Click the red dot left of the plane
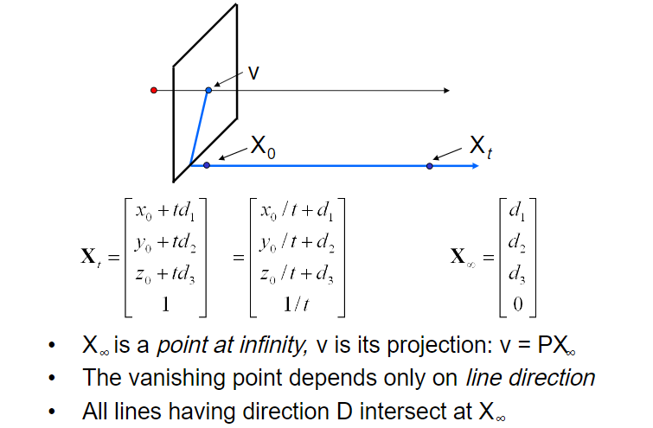tap(153, 90)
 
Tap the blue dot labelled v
tap(208, 90)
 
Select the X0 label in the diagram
tap(263, 145)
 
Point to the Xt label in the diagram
tap(481, 144)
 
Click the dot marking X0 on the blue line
tap(206, 164)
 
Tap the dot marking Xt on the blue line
tap(430, 164)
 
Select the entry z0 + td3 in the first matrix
tap(166, 275)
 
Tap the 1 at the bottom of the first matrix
tap(166, 305)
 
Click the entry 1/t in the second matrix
tap(297, 305)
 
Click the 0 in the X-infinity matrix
tap(517, 305)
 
